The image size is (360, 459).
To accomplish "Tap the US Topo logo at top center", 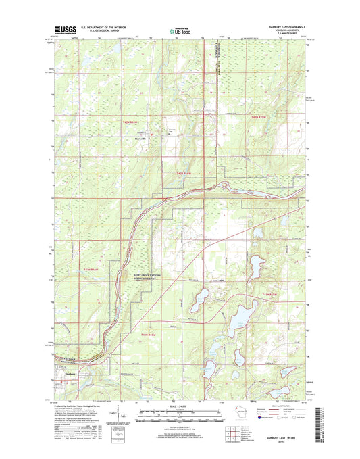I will click(x=180, y=30).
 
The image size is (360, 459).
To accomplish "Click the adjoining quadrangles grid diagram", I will click(x=248, y=433).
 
